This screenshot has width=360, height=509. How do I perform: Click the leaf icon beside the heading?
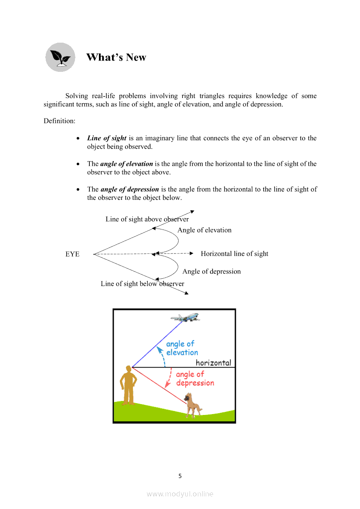[x=60, y=57]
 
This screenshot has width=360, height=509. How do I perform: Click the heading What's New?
[x=116, y=57]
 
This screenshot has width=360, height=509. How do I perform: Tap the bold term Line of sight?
[x=107, y=138]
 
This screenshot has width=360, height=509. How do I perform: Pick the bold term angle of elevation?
[x=126, y=164]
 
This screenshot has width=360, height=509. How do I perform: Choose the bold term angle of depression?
[x=129, y=189]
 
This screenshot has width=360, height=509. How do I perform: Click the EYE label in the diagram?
[x=72, y=254]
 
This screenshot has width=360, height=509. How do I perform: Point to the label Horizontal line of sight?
[x=234, y=254]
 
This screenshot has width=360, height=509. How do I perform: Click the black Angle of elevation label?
[x=204, y=230]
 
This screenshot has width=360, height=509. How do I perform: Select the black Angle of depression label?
[x=211, y=271]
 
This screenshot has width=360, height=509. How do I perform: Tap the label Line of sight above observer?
[x=147, y=219]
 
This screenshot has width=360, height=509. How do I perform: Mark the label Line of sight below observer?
[x=142, y=284]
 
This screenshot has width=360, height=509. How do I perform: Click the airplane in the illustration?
[x=185, y=317]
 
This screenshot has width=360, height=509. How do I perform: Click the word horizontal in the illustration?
[x=213, y=363]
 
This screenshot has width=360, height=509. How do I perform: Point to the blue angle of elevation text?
[x=182, y=348]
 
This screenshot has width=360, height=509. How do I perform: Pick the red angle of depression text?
[x=194, y=379]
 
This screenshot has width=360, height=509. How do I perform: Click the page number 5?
[x=180, y=476]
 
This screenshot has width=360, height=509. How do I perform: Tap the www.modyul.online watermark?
[x=180, y=494]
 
